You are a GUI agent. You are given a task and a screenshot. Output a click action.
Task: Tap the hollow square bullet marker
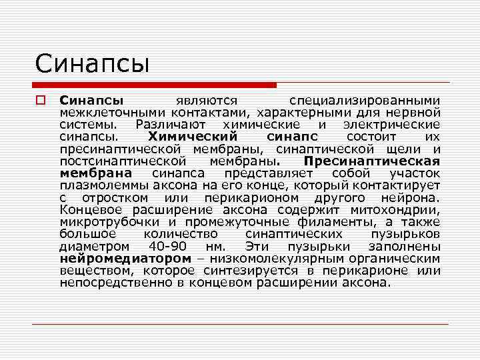point(40,101)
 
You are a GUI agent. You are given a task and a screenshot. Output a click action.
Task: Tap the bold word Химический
point(192,136)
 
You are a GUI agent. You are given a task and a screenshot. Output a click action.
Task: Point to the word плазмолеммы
point(104,185)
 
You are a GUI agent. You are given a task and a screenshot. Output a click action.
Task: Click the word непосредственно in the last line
point(115,282)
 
